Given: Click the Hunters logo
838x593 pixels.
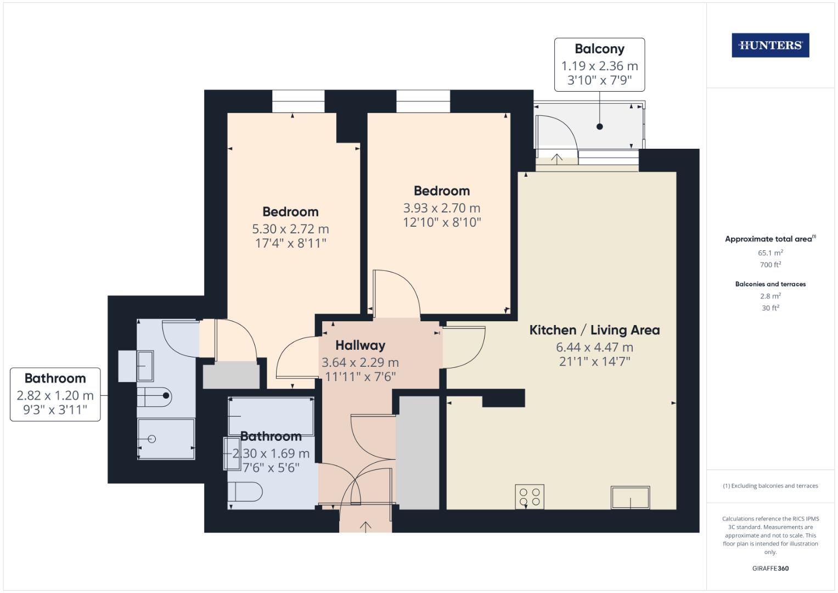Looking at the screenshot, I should point(770,46).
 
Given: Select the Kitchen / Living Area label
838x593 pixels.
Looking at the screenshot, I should point(594,330).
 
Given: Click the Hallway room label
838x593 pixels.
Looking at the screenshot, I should point(360,345).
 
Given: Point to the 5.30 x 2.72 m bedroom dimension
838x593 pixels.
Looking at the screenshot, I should point(290,229).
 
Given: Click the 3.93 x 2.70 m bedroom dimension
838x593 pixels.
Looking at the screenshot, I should point(441,208).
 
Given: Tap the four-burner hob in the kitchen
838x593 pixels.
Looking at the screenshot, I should point(529,497).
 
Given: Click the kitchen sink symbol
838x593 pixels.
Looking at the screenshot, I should point(630,497).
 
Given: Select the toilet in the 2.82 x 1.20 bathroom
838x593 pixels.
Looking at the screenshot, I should point(155,395).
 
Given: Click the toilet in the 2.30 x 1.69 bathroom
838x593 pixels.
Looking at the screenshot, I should point(246,491).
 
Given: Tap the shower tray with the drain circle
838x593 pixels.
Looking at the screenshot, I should point(166,439).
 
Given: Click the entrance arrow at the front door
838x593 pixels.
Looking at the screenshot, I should point(365,526).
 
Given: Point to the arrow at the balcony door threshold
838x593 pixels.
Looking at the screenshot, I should point(556,159).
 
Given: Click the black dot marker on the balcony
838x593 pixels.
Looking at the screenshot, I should point(600,127).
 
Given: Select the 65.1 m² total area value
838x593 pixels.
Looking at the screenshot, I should point(770,253).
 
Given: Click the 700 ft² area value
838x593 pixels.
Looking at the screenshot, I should point(770,265).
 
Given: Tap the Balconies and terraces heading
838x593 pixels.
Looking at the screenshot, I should point(770,284).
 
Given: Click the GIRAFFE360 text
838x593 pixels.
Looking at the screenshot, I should point(770,568).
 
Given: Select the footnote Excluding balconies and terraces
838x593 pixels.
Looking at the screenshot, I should point(770,486).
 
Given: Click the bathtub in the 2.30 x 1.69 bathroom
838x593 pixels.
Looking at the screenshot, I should point(271,417).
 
